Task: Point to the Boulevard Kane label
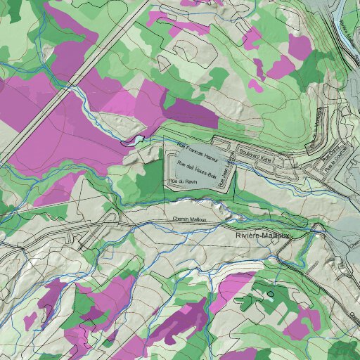pyautogui.click(x=255, y=150)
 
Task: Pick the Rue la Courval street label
pyautogui.click(x=331, y=162)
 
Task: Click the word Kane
pyautogui.click(x=265, y=150)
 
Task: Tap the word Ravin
pyautogui.click(x=186, y=182)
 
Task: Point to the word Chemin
pyautogui.click(x=179, y=220)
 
